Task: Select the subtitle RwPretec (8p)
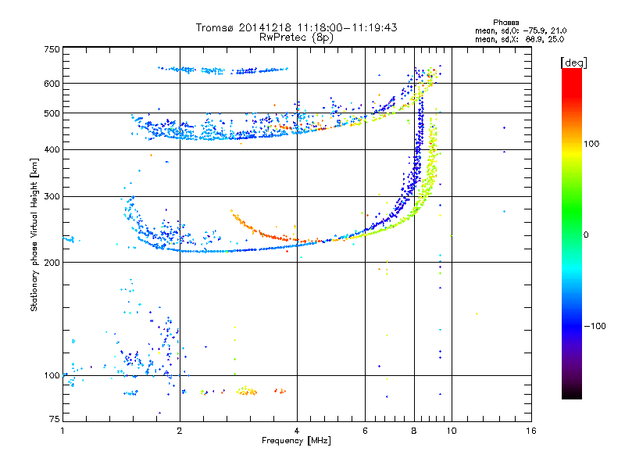pyautogui.click(x=296, y=38)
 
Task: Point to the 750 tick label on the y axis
pyautogui.click(x=52, y=49)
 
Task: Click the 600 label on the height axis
pyautogui.click(x=52, y=84)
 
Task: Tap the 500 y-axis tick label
pyautogui.click(x=52, y=113)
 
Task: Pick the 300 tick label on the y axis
pyautogui.click(x=52, y=197)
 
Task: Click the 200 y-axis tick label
pyautogui.click(x=52, y=263)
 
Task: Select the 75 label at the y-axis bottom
pyautogui.click(x=55, y=419)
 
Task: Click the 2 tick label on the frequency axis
pyautogui.click(x=180, y=431)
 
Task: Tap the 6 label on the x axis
pyautogui.click(x=365, y=431)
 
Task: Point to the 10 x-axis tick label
pyautogui.click(x=452, y=431)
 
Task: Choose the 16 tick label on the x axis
pyautogui.click(x=531, y=431)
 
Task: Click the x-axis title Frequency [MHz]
pyautogui.click(x=296, y=441)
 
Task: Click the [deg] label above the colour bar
pyautogui.click(x=573, y=63)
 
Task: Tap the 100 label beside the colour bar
pyautogui.click(x=591, y=144)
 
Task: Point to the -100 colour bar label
pyautogui.click(x=595, y=326)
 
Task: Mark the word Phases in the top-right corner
pyautogui.click(x=505, y=23)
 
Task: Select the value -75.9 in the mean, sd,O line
pyautogui.click(x=535, y=30)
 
